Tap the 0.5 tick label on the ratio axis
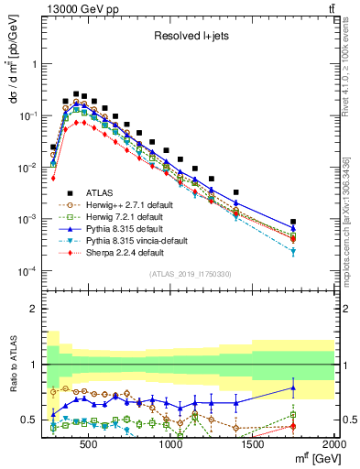27,420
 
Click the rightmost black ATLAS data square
293,222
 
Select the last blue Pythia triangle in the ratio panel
293,387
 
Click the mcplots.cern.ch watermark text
349,211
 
